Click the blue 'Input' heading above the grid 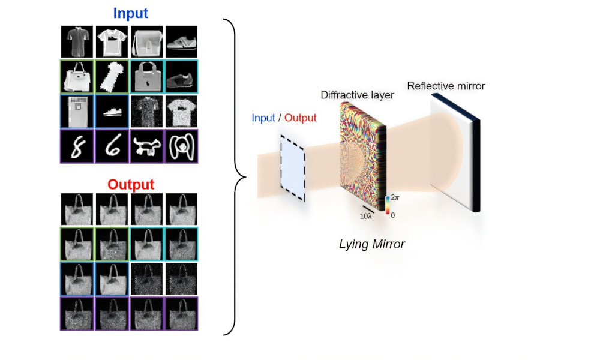tap(130, 13)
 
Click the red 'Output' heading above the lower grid tap(131, 184)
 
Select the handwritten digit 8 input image tap(77, 146)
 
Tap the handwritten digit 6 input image tap(112, 146)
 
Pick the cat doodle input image tap(146, 146)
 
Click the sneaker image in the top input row tap(181, 42)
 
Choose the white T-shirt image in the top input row tap(112, 42)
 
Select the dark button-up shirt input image tap(77, 42)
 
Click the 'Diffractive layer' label tap(357, 95)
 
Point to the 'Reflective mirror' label tap(446, 86)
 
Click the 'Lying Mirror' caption tap(371, 244)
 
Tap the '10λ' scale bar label tap(365, 216)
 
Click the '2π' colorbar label tap(395, 197)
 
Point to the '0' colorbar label tap(393, 215)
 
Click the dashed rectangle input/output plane tap(293, 169)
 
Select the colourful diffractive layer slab tap(363, 157)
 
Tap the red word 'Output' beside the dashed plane tap(301, 118)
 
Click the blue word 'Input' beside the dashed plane tap(263, 118)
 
